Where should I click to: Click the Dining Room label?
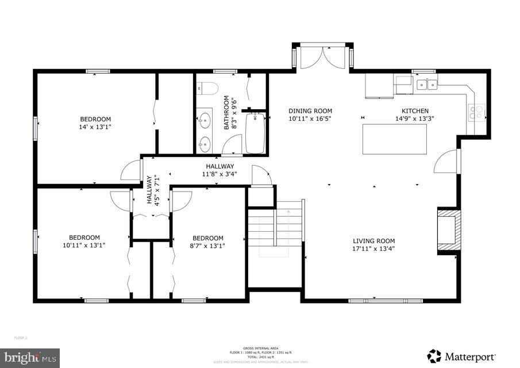310,111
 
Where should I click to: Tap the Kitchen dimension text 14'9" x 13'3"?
414,119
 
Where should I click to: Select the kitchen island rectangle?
394,139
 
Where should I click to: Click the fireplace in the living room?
449,231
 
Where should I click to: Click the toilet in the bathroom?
206,89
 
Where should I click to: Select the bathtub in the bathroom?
255,133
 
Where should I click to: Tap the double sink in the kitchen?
426,85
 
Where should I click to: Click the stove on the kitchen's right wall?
476,112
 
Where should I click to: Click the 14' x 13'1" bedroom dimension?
95,127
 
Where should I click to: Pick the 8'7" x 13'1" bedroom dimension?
208,246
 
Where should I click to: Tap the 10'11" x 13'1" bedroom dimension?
84,245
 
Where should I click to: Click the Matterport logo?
461,356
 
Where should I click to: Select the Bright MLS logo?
30,357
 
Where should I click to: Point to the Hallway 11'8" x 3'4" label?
218,170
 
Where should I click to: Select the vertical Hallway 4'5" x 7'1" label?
152,190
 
